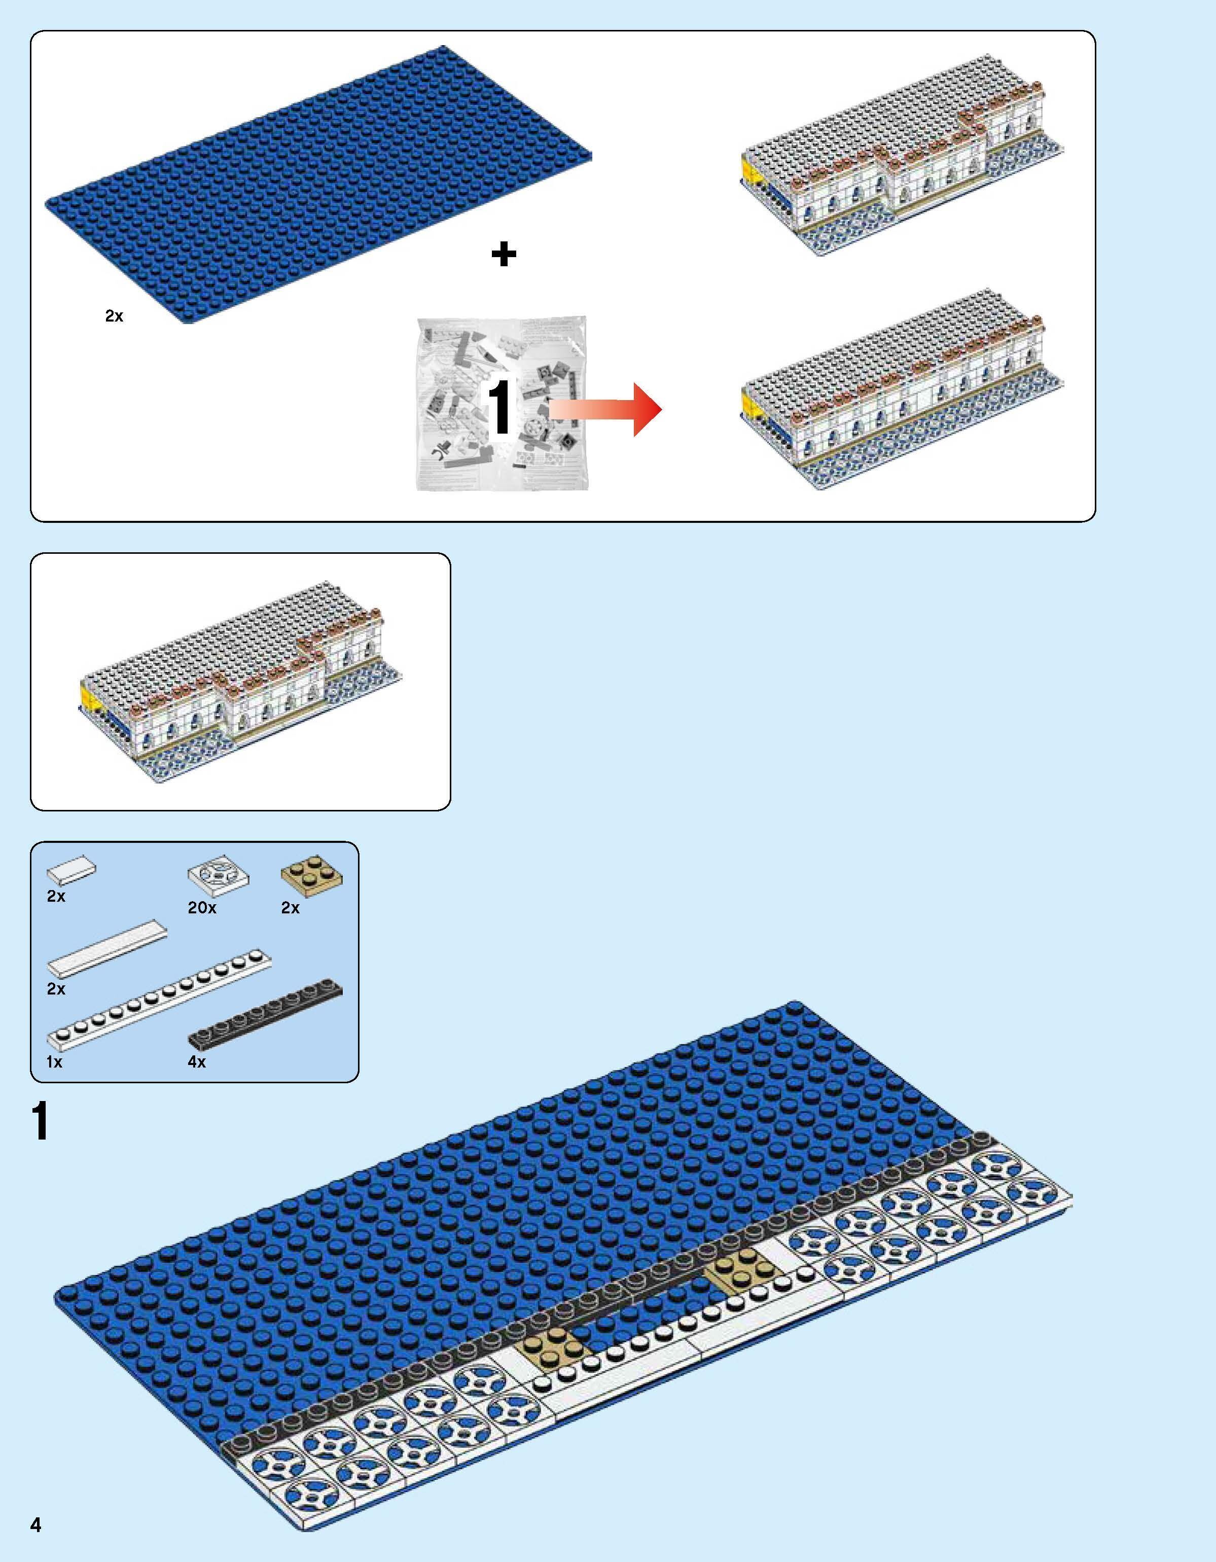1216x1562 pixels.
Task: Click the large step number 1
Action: coord(40,1121)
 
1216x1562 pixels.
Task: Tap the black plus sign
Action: coord(504,254)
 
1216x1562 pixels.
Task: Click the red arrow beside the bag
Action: coord(608,409)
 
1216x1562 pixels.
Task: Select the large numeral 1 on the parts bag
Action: coord(499,406)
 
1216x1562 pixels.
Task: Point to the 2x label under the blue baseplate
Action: coord(114,316)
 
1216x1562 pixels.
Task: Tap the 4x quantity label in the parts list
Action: coord(197,1062)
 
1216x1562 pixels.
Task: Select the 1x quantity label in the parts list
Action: coord(54,1062)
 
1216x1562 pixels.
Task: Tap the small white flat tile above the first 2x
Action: coord(71,870)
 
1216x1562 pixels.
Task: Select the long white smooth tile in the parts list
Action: coord(108,948)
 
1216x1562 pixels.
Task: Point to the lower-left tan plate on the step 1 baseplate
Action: coord(552,1350)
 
